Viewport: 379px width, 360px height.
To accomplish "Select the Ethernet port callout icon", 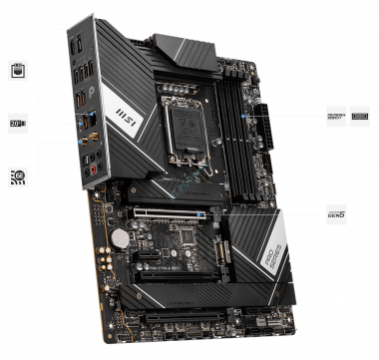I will pyautogui.click(x=16, y=70).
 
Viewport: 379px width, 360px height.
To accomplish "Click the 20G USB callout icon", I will pyautogui.click(x=17, y=123).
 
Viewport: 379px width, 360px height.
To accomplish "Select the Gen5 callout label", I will pyautogui.click(x=337, y=211).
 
